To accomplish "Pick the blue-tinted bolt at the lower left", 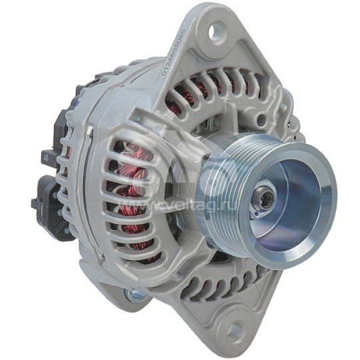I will click(x=133, y=294).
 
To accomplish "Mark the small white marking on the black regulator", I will click(x=45, y=158).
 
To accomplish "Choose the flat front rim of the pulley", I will click(x=320, y=220).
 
